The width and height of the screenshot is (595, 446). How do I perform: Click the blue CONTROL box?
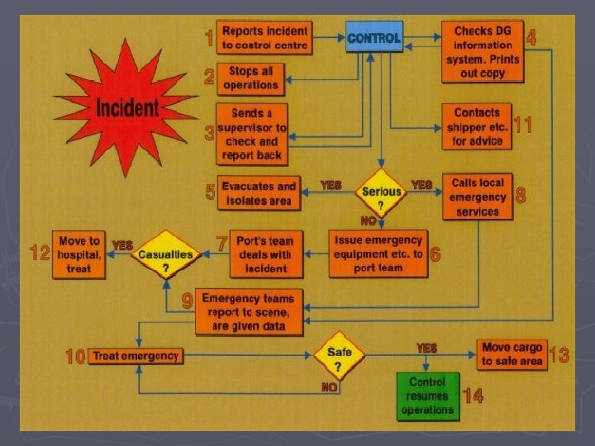(x=374, y=37)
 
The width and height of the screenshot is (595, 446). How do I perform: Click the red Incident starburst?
(x=127, y=107)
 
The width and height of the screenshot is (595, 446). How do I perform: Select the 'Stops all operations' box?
(x=251, y=78)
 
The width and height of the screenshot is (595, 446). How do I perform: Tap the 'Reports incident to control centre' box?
(x=264, y=38)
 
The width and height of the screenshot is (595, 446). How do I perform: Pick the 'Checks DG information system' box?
(x=483, y=51)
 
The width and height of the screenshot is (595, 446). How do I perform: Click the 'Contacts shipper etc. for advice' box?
(x=477, y=126)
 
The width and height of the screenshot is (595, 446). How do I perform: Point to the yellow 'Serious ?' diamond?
(x=381, y=192)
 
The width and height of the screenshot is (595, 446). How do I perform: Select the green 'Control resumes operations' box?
(x=427, y=396)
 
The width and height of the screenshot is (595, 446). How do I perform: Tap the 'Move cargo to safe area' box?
(x=512, y=354)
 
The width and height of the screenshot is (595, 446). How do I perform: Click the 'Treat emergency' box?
(x=136, y=356)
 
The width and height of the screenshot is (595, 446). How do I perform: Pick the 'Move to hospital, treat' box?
(x=79, y=254)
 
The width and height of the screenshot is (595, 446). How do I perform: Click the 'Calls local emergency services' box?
(x=478, y=197)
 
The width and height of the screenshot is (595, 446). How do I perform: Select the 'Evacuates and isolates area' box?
(x=258, y=192)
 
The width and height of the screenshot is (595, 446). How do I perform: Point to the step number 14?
(x=473, y=396)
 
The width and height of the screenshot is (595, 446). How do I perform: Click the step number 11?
(x=522, y=126)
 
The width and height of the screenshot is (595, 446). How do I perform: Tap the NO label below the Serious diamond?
(x=369, y=221)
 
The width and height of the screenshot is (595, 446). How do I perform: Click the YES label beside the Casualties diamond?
(x=122, y=245)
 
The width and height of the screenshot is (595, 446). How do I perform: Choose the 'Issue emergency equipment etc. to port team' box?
(x=378, y=254)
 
